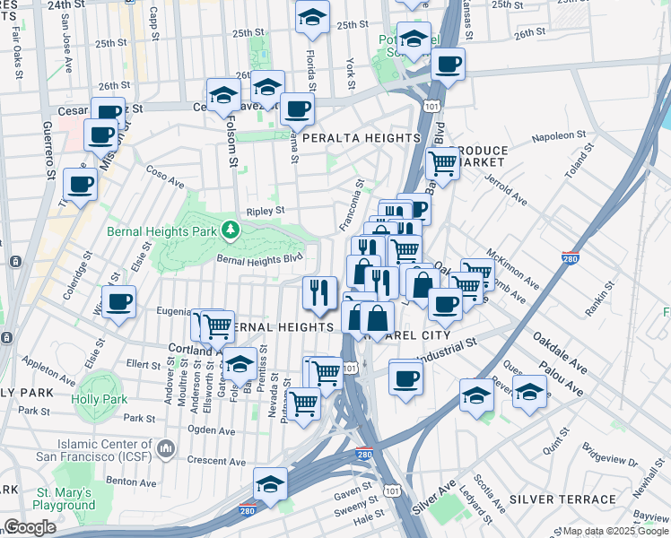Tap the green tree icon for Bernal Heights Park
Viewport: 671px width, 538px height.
231,230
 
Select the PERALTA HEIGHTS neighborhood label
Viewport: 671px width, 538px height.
362,138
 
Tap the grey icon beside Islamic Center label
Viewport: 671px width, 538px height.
166,447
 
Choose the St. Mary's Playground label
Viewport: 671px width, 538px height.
65,499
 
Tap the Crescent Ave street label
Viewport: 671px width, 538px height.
216,461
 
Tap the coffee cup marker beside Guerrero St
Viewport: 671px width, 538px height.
80,184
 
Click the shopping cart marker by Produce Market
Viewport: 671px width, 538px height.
442,163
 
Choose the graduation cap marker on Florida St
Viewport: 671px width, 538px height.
312,17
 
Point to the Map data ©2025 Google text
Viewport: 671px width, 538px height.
615,531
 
